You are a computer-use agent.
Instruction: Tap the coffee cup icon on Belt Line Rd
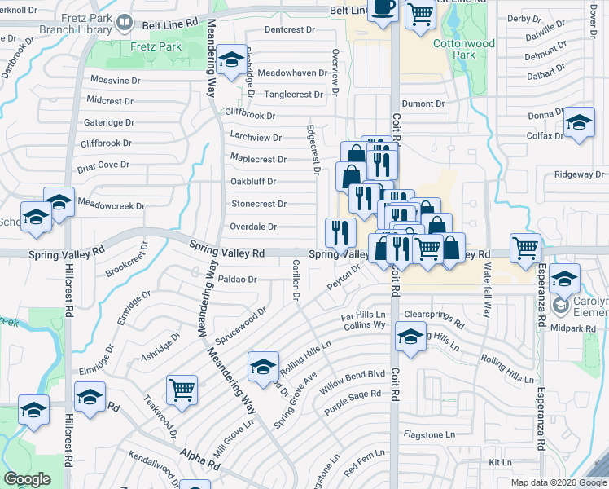tap(383, 8)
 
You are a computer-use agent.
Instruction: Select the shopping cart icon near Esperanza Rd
tap(525, 246)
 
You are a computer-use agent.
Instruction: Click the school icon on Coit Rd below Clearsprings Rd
tap(410, 335)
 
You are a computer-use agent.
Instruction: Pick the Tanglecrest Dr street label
tap(293, 95)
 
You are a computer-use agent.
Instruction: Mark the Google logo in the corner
tap(28, 479)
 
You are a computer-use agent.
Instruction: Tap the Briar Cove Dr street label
tap(103, 165)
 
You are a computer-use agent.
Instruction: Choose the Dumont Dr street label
tap(423, 104)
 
